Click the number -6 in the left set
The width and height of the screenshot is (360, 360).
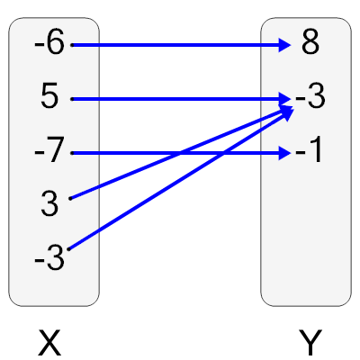click(x=49, y=44)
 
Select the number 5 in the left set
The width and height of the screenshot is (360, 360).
click(x=50, y=97)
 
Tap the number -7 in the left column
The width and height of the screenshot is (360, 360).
click(x=49, y=151)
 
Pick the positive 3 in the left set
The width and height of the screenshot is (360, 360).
click(x=49, y=204)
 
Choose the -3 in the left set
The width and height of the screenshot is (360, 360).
click(x=49, y=259)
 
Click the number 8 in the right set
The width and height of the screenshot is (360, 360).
click(x=310, y=44)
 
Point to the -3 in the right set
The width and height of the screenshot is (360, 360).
click(x=309, y=98)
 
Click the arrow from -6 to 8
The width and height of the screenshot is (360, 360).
click(x=180, y=44)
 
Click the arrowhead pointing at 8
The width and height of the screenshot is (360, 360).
click(x=286, y=44)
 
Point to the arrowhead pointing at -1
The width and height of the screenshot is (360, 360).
click(x=286, y=153)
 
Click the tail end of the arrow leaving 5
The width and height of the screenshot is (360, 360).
click(x=72, y=98)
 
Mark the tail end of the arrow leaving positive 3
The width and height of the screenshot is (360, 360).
click(x=70, y=197)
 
